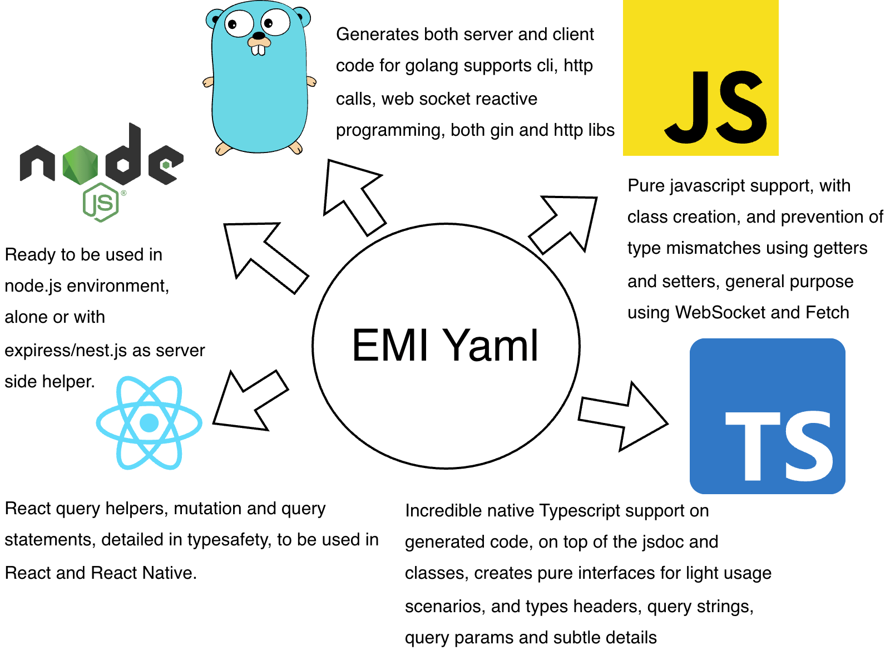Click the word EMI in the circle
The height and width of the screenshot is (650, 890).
(390, 346)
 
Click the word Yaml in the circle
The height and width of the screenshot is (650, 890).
(493, 346)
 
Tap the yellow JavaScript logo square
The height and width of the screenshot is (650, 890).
(700, 78)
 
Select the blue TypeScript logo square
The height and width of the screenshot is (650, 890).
(767, 416)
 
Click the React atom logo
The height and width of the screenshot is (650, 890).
(149, 423)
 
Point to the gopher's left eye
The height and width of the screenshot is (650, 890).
(238, 23)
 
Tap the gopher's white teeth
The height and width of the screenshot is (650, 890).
(258, 50)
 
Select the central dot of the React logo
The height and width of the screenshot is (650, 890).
(149, 423)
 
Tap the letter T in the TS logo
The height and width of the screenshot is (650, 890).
(750, 445)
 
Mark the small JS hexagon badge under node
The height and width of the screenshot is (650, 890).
(101, 203)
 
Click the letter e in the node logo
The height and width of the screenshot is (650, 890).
(165, 165)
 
